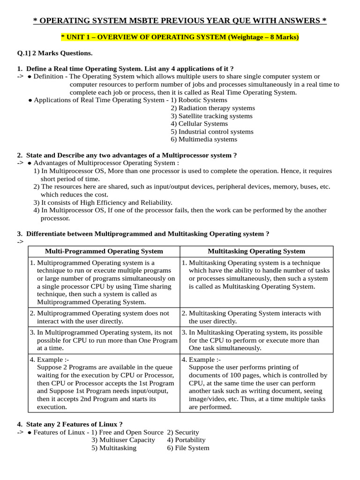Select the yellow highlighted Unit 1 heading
click(x=180, y=37)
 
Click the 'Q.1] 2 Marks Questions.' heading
click(x=55, y=53)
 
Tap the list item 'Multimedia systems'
click(x=204, y=139)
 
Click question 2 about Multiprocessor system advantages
click(x=127, y=155)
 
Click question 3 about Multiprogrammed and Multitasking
click(x=143, y=233)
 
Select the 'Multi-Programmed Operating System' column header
click(x=104, y=251)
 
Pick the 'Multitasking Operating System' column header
click(x=256, y=251)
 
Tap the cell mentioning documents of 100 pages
click(x=256, y=383)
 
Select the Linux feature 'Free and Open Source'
click(x=127, y=432)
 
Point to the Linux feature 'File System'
click(x=188, y=448)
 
